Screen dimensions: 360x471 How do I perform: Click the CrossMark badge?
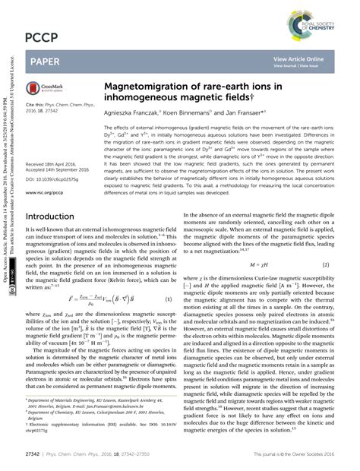48,89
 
